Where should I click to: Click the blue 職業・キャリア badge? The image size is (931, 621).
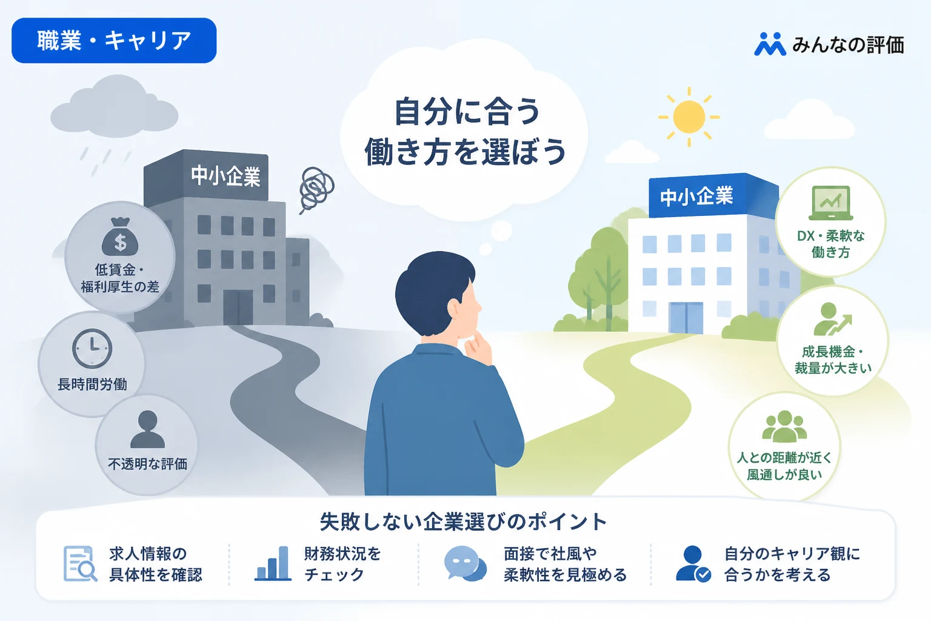click(114, 41)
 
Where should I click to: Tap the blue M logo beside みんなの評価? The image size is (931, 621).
click(770, 44)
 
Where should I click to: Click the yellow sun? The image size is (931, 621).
click(689, 117)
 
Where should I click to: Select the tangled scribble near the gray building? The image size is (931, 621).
click(316, 190)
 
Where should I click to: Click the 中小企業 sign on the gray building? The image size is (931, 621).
click(225, 176)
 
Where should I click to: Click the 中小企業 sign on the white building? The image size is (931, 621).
click(696, 196)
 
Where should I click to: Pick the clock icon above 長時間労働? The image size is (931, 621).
click(92, 349)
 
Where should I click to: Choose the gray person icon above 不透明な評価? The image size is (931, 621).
click(147, 429)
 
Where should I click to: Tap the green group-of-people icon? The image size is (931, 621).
click(784, 426)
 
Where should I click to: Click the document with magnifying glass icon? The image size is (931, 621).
click(80, 564)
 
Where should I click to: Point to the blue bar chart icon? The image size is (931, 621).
click(273, 563)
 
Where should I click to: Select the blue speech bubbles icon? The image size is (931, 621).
click(465, 563)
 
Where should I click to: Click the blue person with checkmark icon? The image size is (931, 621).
click(693, 564)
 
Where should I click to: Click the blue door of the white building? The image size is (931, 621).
click(686, 317)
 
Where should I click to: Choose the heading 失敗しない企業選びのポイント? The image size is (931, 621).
click(464, 522)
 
